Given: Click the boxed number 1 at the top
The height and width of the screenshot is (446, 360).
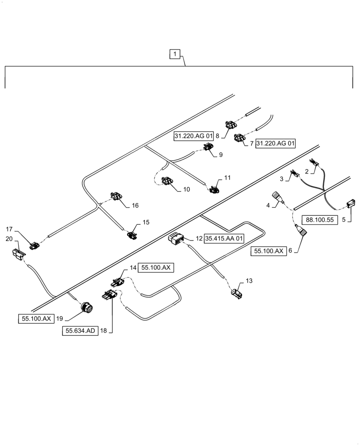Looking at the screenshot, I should coord(175,54).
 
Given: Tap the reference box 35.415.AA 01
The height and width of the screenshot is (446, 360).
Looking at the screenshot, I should coord(225,239).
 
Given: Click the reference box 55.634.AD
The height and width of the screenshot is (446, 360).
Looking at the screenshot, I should coord(81,331).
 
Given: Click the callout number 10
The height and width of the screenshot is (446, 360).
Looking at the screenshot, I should coord(186,190).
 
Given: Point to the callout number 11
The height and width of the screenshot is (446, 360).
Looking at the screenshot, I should coord(227,178).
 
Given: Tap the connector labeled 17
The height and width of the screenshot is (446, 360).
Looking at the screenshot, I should coord(34,245).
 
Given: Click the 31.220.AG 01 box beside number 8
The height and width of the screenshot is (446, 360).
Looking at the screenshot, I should coord(193,136).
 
